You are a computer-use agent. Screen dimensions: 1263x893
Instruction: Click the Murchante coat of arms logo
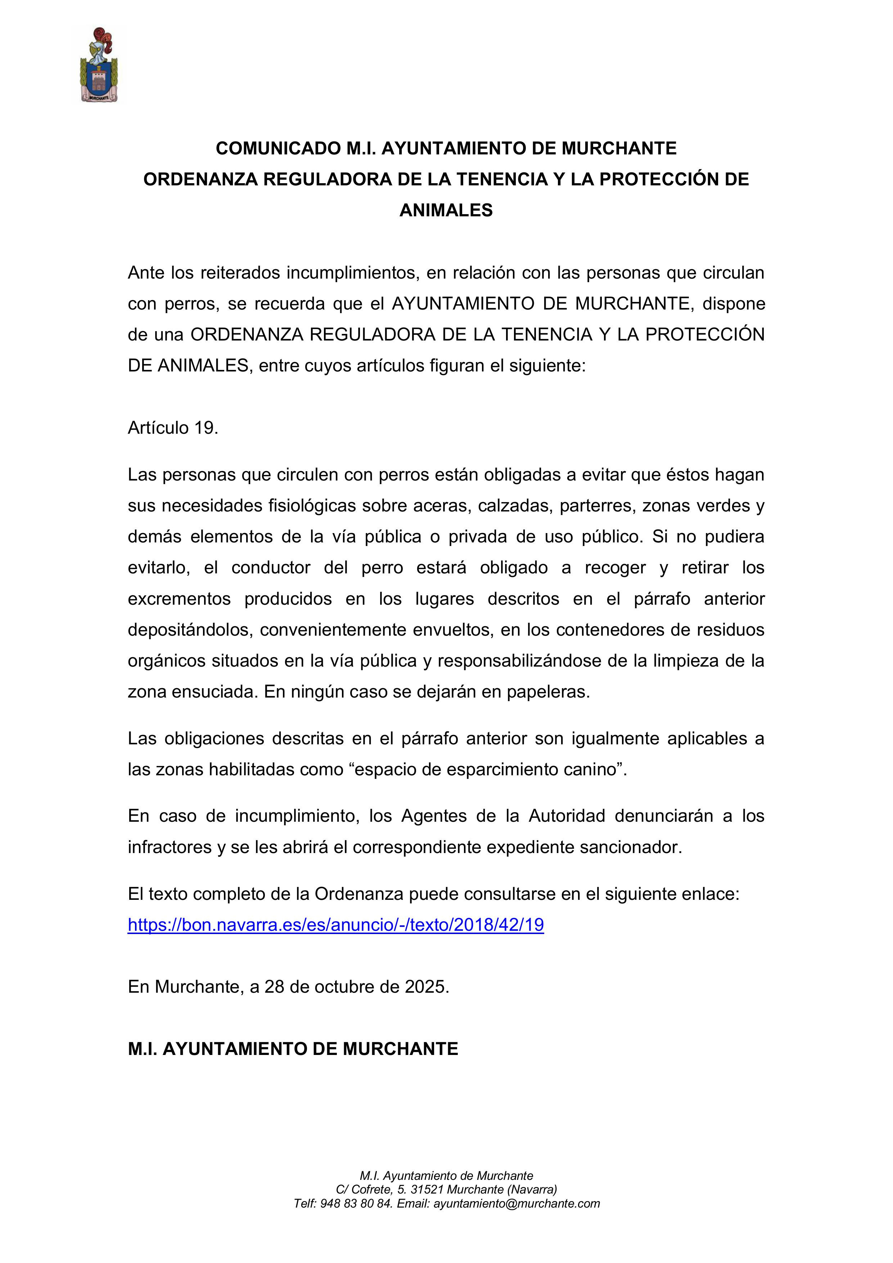(x=99, y=65)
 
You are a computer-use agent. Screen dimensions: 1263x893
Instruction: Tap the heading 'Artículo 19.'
(x=173, y=428)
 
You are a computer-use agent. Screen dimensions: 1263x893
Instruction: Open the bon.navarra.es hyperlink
(x=335, y=925)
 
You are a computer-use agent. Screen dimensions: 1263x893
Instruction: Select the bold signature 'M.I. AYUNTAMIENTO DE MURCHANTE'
(x=293, y=1048)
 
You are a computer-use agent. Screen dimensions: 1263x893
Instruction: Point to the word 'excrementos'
(x=179, y=599)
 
